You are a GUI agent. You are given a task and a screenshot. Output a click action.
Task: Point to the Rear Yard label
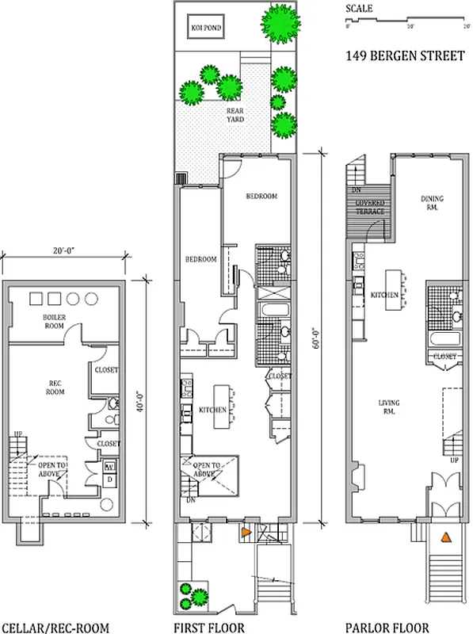[235, 116]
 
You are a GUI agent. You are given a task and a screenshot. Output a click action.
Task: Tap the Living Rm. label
[388, 407]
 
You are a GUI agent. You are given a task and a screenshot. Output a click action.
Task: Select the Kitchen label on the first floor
[213, 410]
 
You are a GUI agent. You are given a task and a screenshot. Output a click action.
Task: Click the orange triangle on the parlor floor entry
[445, 537]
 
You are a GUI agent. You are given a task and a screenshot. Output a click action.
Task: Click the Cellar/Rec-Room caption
[55, 627]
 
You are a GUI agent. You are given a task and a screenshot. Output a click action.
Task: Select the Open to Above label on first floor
[200, 469]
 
